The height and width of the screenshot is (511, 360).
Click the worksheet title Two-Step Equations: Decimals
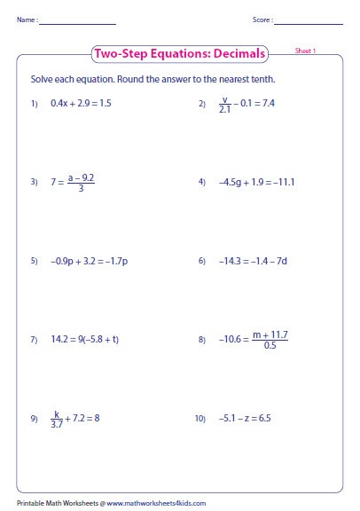[x=179, y=54]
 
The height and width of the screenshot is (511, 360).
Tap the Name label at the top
[x=26, y=19]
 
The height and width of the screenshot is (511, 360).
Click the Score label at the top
[x=262, y=19]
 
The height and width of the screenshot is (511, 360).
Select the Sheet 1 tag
[x=305, y=52]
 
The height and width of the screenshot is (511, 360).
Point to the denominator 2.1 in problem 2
[x=225, y=109]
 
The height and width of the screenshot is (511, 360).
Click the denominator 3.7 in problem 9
[x=57, y=423]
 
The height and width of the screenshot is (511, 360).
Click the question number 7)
[x=34, y=340]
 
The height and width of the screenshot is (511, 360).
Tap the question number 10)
[x=200, y=419]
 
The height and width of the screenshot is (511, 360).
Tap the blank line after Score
[x=309, y=21]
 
